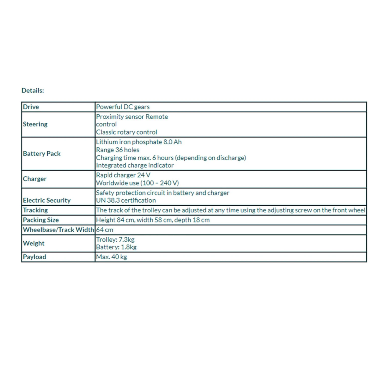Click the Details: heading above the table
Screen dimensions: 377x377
[33, 90]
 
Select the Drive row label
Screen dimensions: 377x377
[31, 107]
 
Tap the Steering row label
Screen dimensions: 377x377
[35, 124]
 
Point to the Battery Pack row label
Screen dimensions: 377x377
[42, 154]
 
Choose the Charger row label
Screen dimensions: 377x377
[35, 179]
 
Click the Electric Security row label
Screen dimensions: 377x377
[47, 200]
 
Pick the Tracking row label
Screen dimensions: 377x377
[35, 210]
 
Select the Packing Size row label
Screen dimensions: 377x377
[41, 220]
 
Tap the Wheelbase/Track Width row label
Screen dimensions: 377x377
[58, 230]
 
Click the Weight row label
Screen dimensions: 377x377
[34, 243]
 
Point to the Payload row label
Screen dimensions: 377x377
[35, 257]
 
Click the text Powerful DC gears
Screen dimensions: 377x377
[123, 107]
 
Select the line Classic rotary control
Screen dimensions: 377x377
[126, 132]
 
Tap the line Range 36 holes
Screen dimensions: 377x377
[118, 150]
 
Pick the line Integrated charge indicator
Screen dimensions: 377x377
[135, 165]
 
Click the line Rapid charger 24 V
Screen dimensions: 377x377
[123, 175]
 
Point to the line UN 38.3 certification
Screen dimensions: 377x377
[126, 200]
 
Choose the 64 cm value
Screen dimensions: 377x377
[105, 230]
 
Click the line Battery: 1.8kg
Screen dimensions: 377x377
[116, 247]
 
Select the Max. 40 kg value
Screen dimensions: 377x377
[112, 257]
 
